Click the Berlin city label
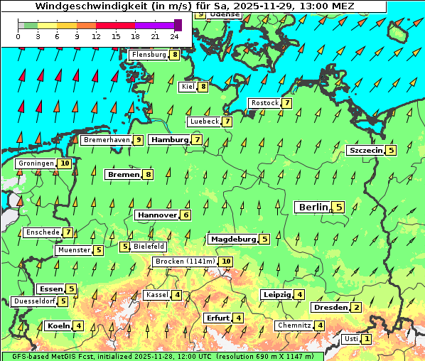312,207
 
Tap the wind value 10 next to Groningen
65,163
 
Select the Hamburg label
168,140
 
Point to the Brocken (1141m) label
184,262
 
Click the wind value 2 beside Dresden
357,308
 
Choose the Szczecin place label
365,150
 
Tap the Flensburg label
149,54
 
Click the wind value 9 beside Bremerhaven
138,140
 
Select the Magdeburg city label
232,239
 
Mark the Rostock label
264,103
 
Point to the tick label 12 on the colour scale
96,37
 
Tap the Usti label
350,339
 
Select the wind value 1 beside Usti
367,339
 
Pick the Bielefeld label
149,247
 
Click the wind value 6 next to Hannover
186,215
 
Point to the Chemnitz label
294,325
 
